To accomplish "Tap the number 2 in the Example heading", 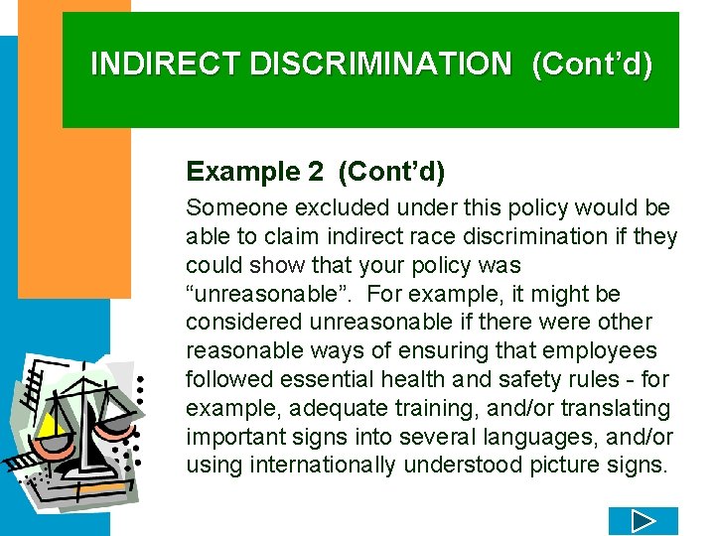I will pyautogui.click(x=315, y=172).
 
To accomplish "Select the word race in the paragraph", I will pyautogui.click(x=408, y=237).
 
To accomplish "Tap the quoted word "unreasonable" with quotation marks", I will pyautogui.click(x=250, y=295).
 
